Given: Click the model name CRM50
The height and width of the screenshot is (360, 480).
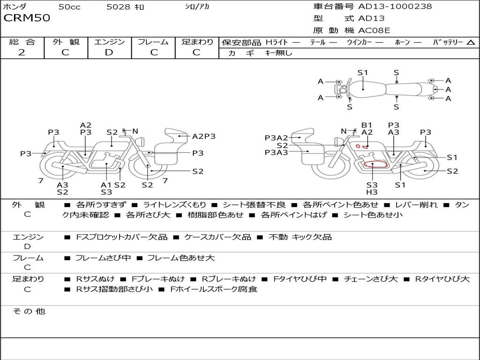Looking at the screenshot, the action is click(x=27, y=19).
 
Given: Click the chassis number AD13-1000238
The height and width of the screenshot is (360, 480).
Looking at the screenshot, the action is click(x=395, y=7).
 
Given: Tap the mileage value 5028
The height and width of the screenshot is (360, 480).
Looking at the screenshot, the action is click(x=119, y=7).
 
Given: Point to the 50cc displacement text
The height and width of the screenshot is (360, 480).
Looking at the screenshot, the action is click(x=69, y=7).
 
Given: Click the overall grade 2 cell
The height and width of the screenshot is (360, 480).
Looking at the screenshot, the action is click(x=22, y=52).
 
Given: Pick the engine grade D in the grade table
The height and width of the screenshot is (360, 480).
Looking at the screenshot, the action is click(x=109, y=52).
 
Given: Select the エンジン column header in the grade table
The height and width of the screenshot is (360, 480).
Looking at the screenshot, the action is click(x=109, y=42).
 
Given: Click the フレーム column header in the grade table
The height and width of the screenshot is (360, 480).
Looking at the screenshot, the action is click(x=153, y=42).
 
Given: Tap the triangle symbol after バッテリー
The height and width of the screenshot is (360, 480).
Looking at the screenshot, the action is click(x=471, y=43).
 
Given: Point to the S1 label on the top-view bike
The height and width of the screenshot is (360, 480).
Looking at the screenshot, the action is click(x=363, y=73).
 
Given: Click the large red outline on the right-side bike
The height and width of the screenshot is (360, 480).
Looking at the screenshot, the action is click(x=375, y=165).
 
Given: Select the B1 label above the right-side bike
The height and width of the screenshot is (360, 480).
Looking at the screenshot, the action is click(x=367, y=125).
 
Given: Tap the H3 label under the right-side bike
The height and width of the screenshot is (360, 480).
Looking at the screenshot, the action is click(x=372, y=192).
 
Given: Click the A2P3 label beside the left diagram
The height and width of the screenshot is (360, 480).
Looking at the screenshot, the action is click(x=204, y=136).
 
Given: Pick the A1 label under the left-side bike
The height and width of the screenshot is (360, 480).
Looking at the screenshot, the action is click(x=106, y=185).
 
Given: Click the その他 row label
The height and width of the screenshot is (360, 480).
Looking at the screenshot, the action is click(x=29, y=311).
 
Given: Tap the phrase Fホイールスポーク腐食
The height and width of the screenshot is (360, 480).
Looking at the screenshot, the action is click(x=214, y=289).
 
